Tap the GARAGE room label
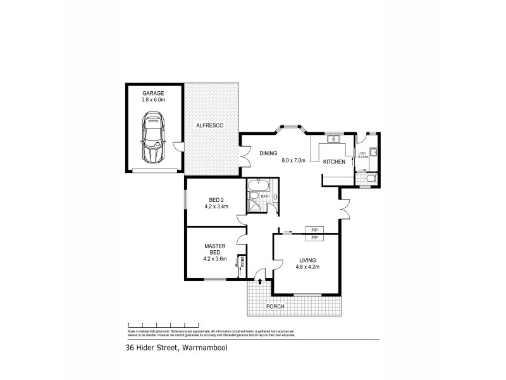tap(153, 93)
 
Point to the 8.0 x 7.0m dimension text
tap(293, 161)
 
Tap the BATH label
tap(266, 197)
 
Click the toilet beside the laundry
tap(371, 180)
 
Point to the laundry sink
tap(374, 151)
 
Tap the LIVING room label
tap(308, 260)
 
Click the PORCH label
tap(275, 307)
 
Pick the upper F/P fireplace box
tap(314, 230)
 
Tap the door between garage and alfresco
tap(181, 148)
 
